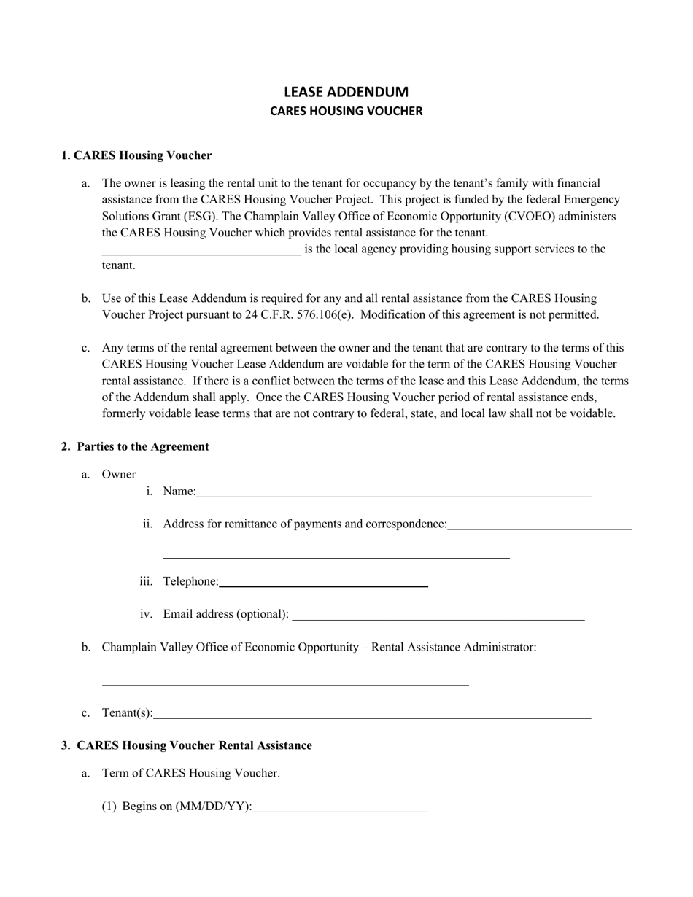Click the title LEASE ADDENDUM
(346, 92)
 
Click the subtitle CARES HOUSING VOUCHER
(346, 112)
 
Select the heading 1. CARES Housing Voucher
(136, 155)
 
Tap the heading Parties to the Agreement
(142, 446)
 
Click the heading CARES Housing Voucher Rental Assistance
(194, 745)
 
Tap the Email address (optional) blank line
(438, 617)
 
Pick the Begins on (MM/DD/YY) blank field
(340, 809)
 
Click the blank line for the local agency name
(201, 252)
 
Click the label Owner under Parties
(119, 475)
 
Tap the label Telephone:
(190, 581)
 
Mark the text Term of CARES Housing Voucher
(190, 773)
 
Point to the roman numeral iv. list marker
(146, 614)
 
